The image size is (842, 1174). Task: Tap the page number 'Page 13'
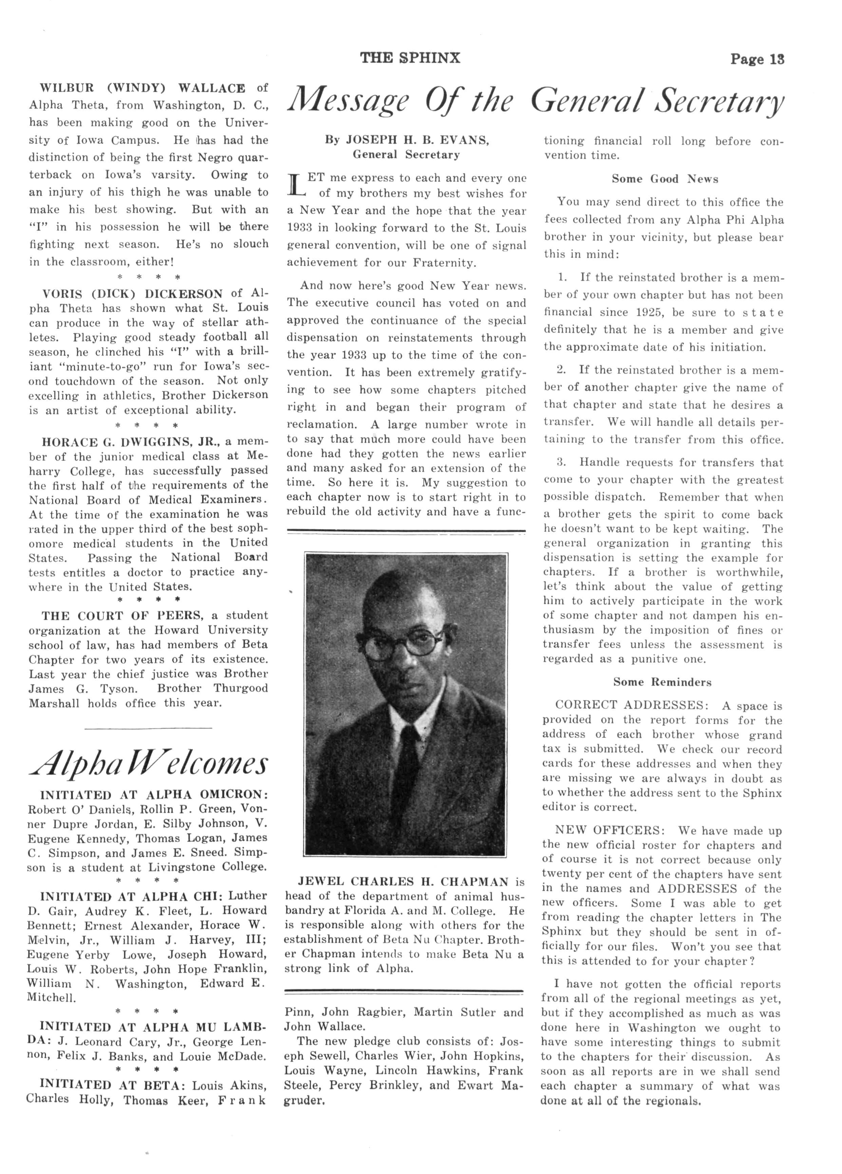757,59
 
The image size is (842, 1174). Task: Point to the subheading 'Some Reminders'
662,682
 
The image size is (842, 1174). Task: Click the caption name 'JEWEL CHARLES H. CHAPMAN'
404,882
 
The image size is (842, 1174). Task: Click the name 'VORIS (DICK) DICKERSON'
133,294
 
